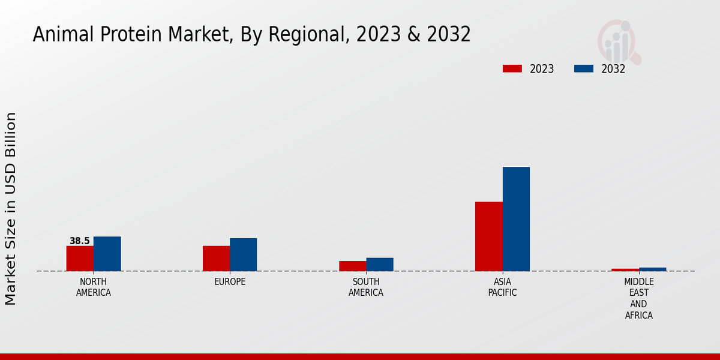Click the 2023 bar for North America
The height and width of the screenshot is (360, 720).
pos(80,259)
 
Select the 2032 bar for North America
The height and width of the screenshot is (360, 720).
pos(107,254)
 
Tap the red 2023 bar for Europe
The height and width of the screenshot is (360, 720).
pos(216,259)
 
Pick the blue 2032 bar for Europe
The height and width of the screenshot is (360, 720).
pos(243,254)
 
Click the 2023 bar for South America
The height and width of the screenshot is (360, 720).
pos(352,266)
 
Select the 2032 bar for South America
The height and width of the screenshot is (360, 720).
pos(380,265)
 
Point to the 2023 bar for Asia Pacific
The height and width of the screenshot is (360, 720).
pos(488,236)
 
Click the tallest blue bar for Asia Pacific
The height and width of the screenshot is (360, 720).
pos(516,219)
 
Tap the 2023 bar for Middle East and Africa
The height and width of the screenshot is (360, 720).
pos(625,269)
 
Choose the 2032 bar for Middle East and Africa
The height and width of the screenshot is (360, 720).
pos(652,269)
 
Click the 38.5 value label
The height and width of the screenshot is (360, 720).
pos(80,241)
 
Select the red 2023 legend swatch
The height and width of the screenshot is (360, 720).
pos(512,69)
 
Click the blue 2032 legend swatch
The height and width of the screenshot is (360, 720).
pos(583,69)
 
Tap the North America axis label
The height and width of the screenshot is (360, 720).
pos(94,287)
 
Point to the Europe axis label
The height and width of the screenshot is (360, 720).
pos(230,282)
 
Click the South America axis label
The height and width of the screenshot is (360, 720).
pos(366,287)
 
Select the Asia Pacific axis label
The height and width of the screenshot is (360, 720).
pos(502,287)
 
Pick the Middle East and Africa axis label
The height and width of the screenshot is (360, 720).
pos(638,298)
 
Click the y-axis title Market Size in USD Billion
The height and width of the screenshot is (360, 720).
pos(11,209)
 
